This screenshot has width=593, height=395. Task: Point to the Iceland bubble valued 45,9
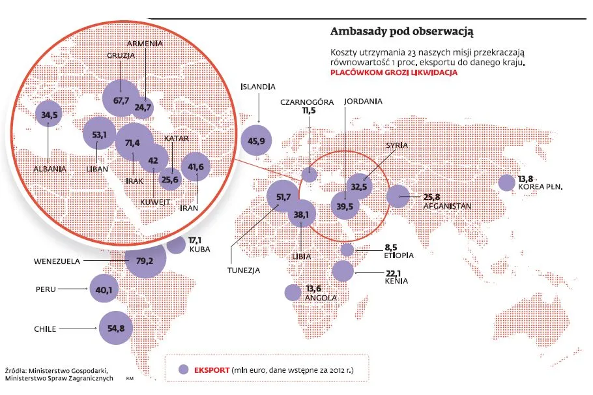point(257,139)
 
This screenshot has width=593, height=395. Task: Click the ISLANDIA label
point(258,86)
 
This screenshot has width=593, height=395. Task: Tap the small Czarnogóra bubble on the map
point(310,174)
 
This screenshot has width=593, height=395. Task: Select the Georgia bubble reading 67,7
point(121,99)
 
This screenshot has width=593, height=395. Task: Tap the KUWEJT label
point(156,202)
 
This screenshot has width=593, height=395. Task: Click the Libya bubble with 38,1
point(302,212)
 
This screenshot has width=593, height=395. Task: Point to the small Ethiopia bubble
point(347,250)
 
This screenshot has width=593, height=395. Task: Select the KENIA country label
point(396,282)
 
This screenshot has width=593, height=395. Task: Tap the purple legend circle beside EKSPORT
point(185,370)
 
